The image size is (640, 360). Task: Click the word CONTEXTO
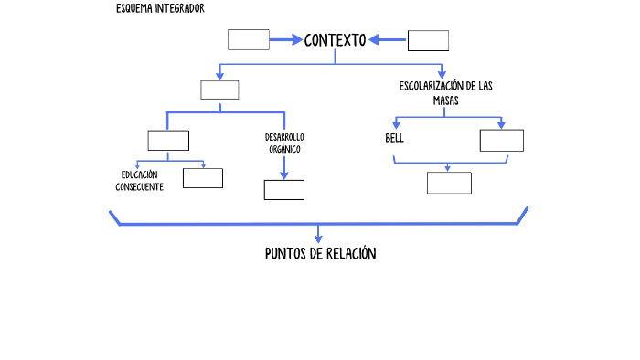click(335, 40)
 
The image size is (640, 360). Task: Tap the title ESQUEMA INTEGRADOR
click(160, 8)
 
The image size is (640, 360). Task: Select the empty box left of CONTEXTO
click(248, 39)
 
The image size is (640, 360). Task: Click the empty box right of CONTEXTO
click(428, 40)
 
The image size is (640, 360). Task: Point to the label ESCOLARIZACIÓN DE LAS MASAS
click(445, 93)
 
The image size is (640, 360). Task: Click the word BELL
click(394, 139)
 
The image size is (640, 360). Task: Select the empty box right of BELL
click(501, 140)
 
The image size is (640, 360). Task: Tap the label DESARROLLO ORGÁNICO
click(284, 143)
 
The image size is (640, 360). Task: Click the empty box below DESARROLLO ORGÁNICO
click(283, 189)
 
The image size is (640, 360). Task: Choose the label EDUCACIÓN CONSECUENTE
click(139, 181)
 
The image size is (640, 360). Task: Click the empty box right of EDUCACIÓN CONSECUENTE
click(202, 177)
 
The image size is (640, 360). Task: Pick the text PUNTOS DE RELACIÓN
click(320, 254)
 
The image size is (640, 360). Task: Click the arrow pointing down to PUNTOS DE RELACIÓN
click(318, 234)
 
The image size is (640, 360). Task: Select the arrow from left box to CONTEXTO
click(286, 39)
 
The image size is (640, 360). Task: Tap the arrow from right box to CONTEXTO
click(388, 39)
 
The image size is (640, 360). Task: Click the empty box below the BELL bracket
click(449, 183)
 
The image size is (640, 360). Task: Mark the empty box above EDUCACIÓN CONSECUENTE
click(168, 140)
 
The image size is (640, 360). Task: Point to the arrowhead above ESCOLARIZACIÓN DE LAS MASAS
click(443, 74)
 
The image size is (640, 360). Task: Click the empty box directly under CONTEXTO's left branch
click(219, 90)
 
